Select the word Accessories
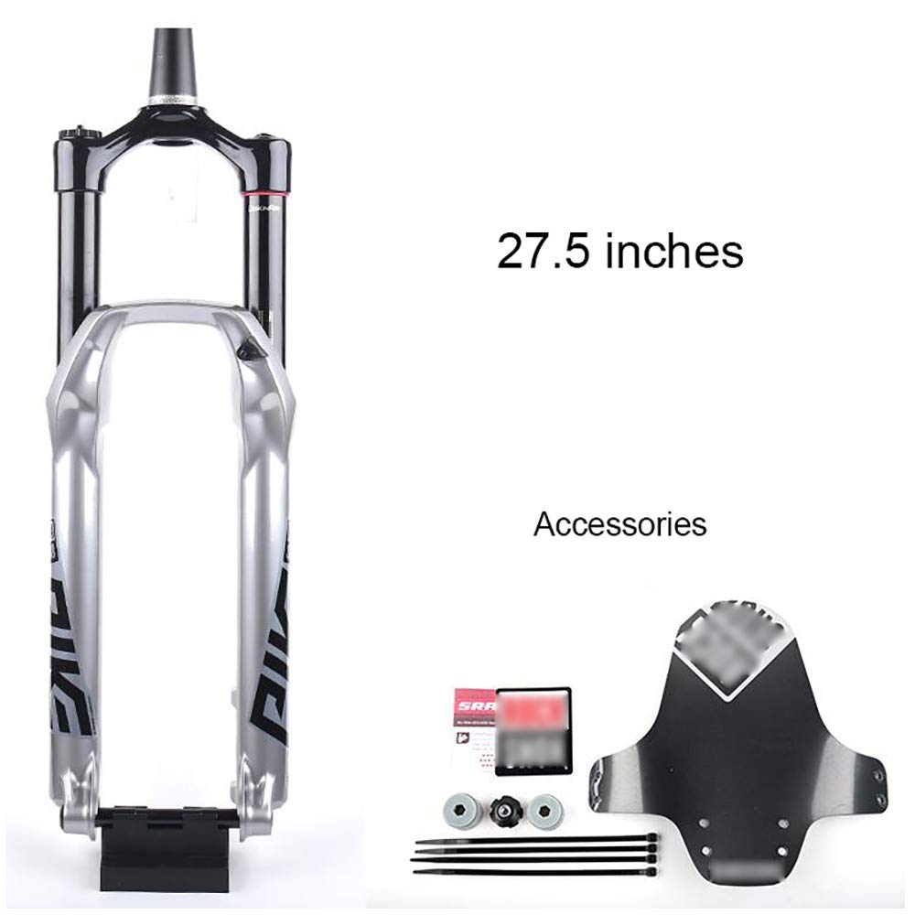point(619,524)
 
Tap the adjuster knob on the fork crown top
point(68,136)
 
